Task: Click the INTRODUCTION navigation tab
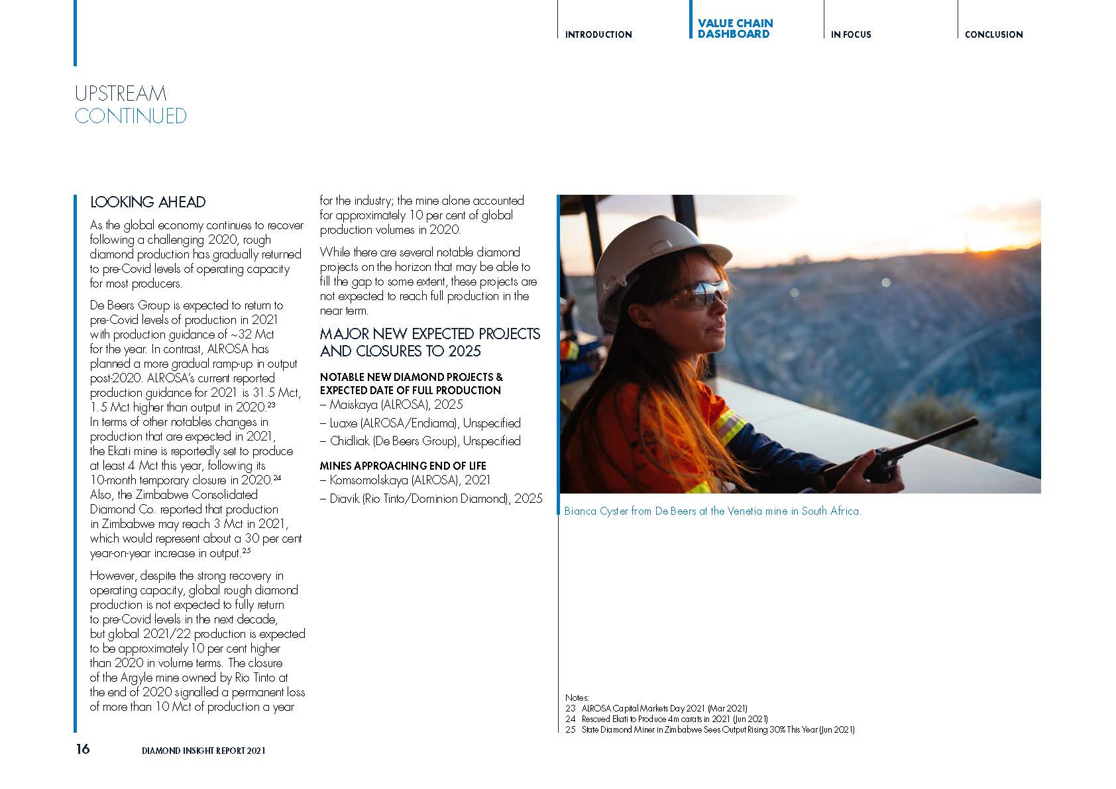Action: (x=598, y=34)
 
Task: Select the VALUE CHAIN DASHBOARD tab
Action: (x=735, y=28)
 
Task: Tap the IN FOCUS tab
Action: (x=851, y=34)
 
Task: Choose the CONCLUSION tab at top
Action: (x=993, y=34)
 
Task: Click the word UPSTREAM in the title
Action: (x=121, y=93)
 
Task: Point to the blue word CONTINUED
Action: (x=131, y=116)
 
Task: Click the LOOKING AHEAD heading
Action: (x=148, y=202)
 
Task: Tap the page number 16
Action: (x=82, y=749)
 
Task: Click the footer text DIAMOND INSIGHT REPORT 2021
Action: (x=203, y=751)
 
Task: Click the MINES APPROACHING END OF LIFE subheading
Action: (x=403, y=466)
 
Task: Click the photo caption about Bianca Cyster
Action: (x=712, y=511)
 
